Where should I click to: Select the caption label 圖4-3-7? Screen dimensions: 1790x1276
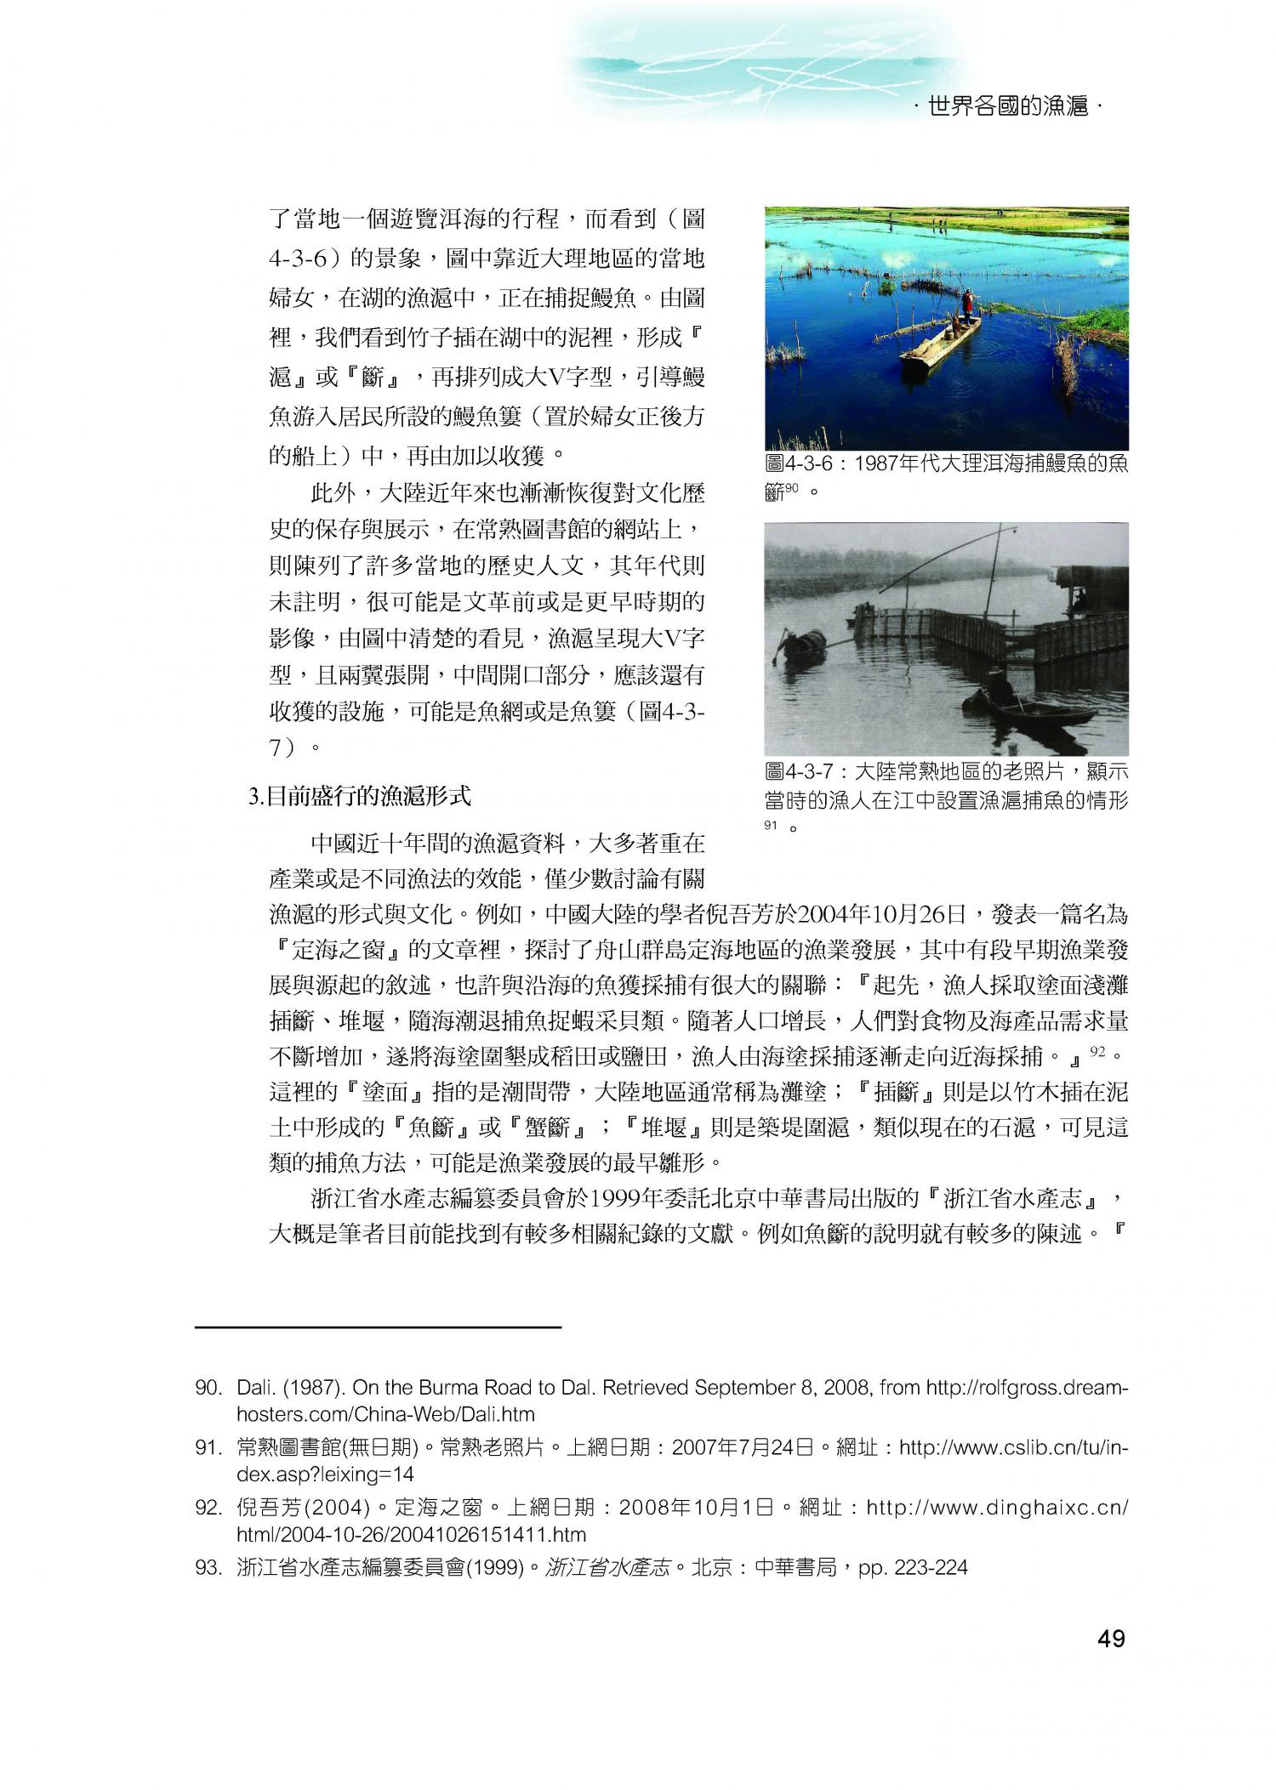pyautogui.click(x=803, y=772)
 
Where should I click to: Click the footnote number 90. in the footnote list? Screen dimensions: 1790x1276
pyautogui.click(x=208, y=1388)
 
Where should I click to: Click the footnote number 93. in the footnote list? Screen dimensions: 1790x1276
pyautogui.click(x=208, y=1566)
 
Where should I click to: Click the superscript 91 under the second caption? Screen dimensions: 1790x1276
pyautogui.click(x=772, y=825)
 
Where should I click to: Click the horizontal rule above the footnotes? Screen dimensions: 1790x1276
pyautogui.click(x=378, y=1326)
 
